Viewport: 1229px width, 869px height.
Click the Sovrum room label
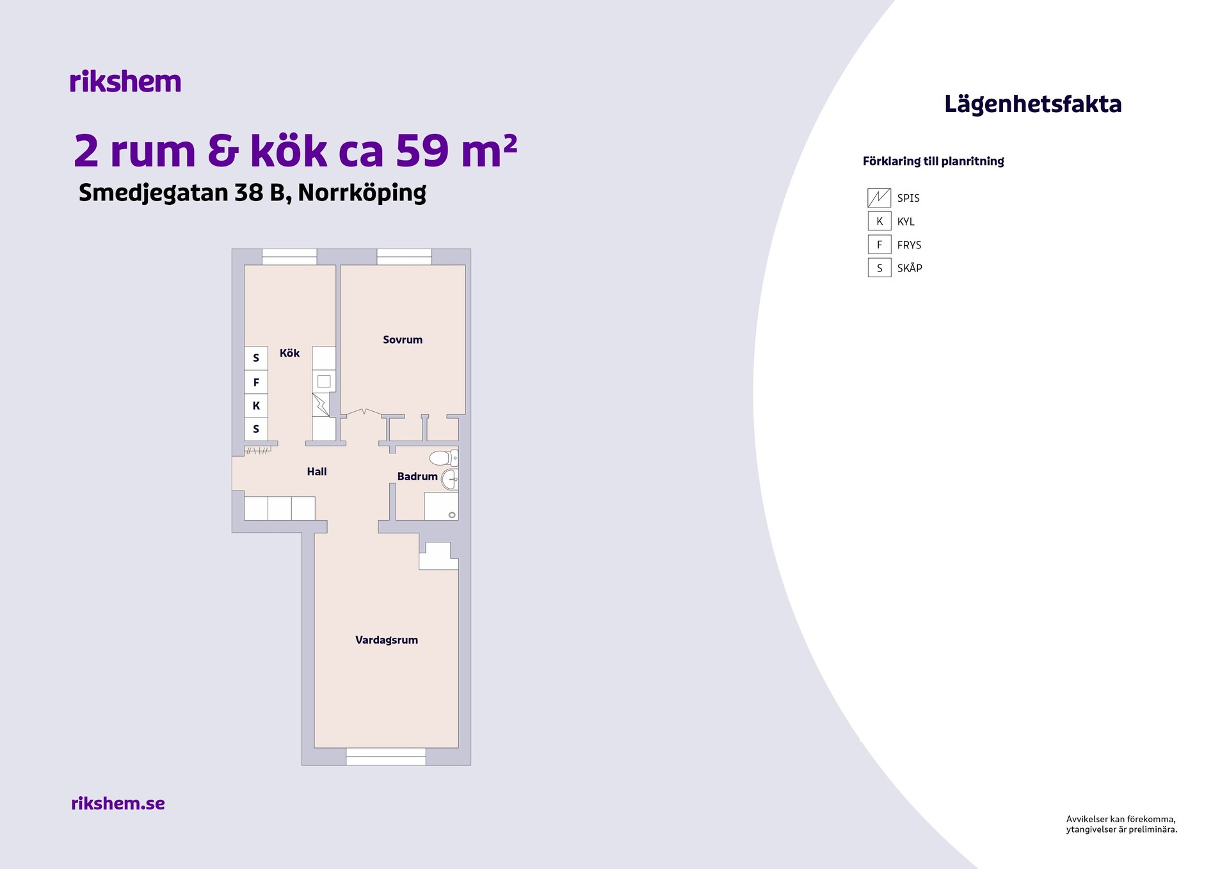403,340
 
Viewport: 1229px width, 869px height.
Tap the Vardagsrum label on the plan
387,640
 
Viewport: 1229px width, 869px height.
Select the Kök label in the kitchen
289,353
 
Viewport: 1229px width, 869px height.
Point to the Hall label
317,472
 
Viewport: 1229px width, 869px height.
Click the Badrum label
417,476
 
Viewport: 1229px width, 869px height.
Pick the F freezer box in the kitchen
256,382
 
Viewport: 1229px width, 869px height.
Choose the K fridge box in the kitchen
256,405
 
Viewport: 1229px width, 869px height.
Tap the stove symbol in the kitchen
321,405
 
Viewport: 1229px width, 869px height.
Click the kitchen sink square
324,382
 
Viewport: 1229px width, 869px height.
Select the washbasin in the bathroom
450,479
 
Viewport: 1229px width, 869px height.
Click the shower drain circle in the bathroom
452,515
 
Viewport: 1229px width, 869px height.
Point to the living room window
386,756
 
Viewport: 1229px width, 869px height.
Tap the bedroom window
404,257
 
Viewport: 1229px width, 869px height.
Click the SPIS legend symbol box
880,198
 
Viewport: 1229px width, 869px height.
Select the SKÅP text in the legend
910,268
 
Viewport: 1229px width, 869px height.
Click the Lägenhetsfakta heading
1033,104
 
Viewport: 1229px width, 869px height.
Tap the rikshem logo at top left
125,81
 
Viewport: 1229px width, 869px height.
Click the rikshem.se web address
118,803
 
